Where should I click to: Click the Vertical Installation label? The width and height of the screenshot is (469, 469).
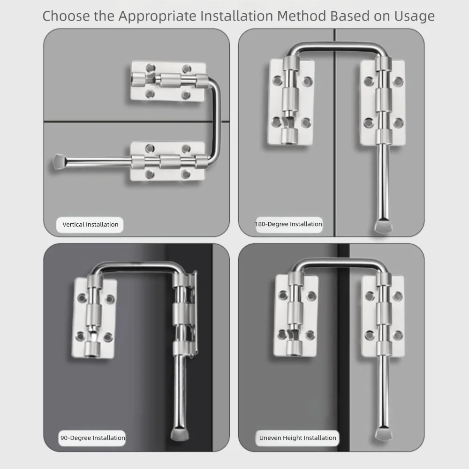tap(90, 225)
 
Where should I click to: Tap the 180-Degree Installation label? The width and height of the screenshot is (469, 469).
tap(288, 224)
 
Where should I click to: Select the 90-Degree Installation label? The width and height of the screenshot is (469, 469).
tap(92, 438)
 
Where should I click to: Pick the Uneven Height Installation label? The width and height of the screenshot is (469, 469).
tap(298, 438)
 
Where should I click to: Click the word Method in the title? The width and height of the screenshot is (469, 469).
tap(302, 16)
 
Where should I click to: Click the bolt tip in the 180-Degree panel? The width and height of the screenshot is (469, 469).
tap(383, 226)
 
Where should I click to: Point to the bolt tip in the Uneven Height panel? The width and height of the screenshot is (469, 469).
tap(383, 435)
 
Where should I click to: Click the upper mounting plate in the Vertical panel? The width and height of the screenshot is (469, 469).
tap(168, 81)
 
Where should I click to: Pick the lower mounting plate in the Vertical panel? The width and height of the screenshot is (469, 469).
tap(168, 161)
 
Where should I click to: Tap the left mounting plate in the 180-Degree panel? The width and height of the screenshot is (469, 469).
tap(290, 102)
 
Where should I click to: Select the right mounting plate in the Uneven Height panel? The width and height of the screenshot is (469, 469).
tap(383, 316)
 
